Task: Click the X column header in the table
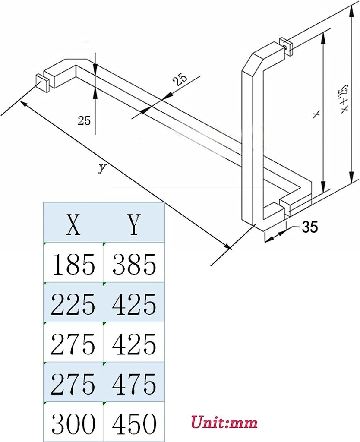73,224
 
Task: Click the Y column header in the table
134,224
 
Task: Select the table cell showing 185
73,264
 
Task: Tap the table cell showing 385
134,264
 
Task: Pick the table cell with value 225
73,304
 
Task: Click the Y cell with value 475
134,383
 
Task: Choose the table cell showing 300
73,423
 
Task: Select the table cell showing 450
134,423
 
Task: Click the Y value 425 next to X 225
134,304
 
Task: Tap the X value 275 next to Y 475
73,383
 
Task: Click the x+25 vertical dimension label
344,100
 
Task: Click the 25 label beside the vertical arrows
84,121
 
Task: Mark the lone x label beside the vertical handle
316,114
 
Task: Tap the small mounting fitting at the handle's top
286,45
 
